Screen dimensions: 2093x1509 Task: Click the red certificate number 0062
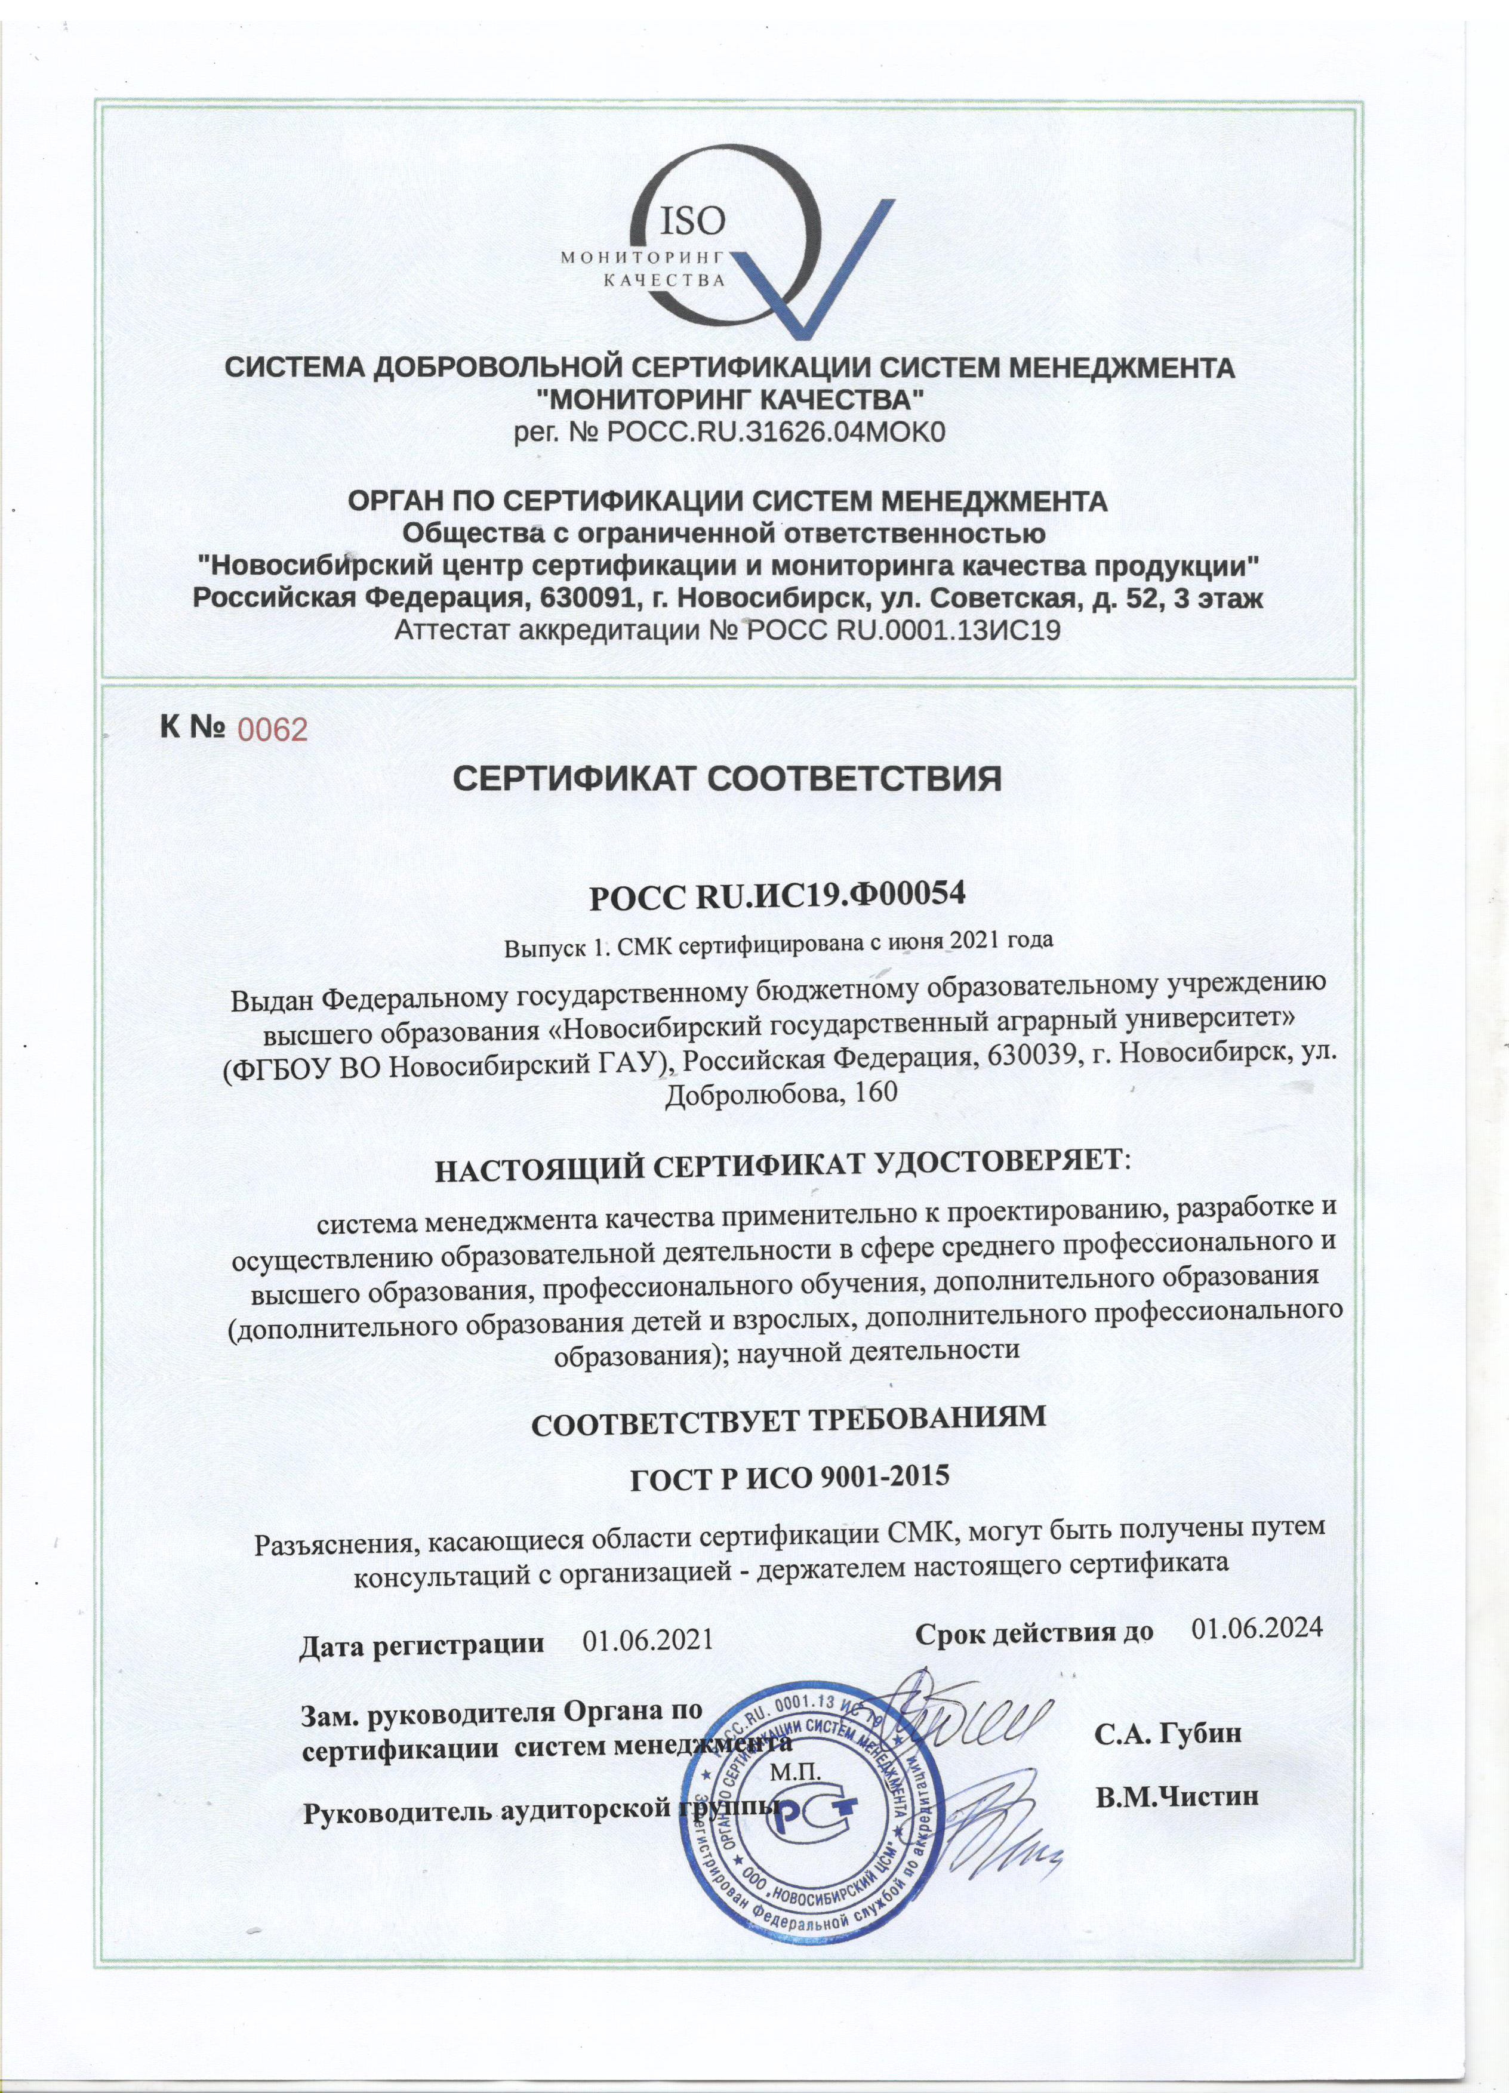point(272,730)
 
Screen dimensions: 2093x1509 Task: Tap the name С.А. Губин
point(1168,1734)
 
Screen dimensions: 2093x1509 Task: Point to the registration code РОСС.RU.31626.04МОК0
point(775,432)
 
